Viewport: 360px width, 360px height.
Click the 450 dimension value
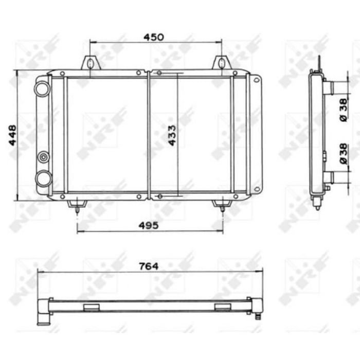tap(154, 37)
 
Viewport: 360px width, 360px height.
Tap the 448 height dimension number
tap(12, 135)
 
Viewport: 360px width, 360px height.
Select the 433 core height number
tap(172, 135)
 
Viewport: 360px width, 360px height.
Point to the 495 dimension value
tap(148, 225)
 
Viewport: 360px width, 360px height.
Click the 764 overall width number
tap(149, 266)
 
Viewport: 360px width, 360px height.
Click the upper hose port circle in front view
tap(42, 89)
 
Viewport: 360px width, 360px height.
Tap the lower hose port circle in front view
tap(43, 178)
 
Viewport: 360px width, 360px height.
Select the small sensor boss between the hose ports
tap(43, 157)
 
